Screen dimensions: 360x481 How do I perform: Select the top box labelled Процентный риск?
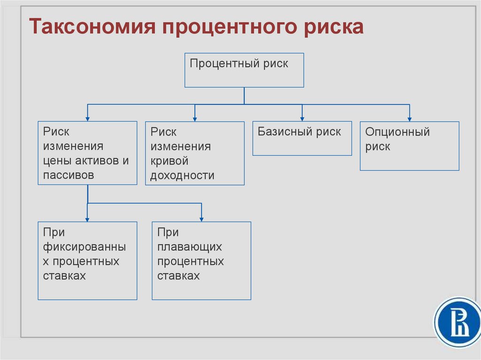(x=244, y=70)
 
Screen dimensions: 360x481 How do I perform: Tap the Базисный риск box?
(x=302, y=138)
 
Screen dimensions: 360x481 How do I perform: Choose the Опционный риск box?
(x=410, y=146)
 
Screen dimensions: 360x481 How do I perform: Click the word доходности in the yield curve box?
(x=182, y=176)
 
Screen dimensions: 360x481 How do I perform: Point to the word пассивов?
(x=69, y=176)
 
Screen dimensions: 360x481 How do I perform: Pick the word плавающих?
(x=190, y=247)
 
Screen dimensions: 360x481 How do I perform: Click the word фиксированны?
(x=84, y=247)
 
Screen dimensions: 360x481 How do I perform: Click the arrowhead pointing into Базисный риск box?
(x=302, y=119)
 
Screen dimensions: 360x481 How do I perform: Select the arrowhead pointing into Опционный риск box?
(x=410, y=119)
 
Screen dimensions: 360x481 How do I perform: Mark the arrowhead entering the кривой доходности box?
(x=195, y=119)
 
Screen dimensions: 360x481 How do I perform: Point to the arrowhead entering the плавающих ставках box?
(x=202, y=219)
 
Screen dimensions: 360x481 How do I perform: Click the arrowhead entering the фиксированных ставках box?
(x=87, y=219)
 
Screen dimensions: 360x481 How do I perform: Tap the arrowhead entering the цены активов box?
(x=87, y=119)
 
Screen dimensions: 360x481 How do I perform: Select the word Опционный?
(x=397, y=132)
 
